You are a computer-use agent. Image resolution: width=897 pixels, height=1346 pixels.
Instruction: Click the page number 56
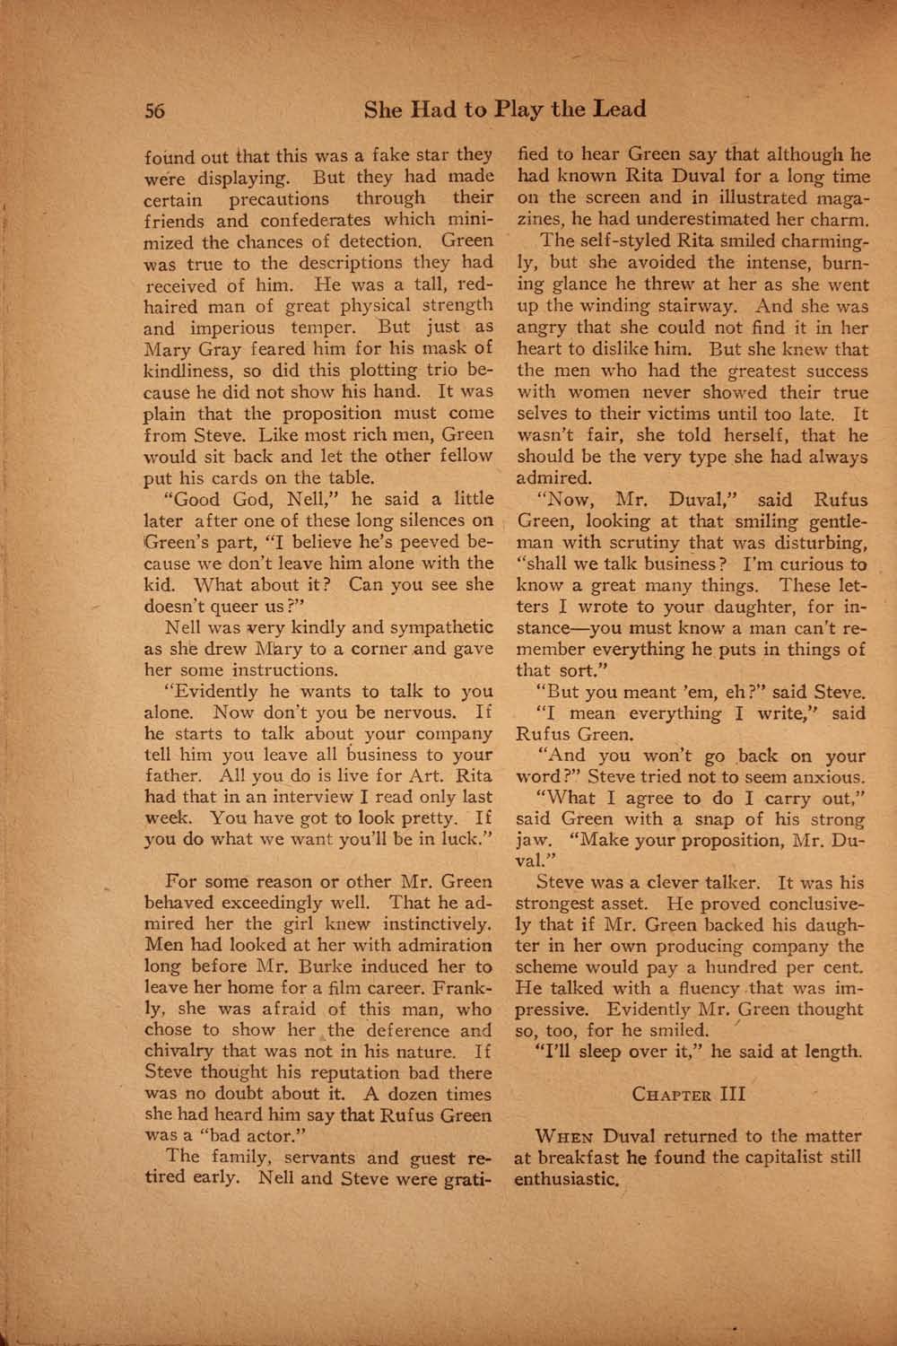point(157,111)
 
